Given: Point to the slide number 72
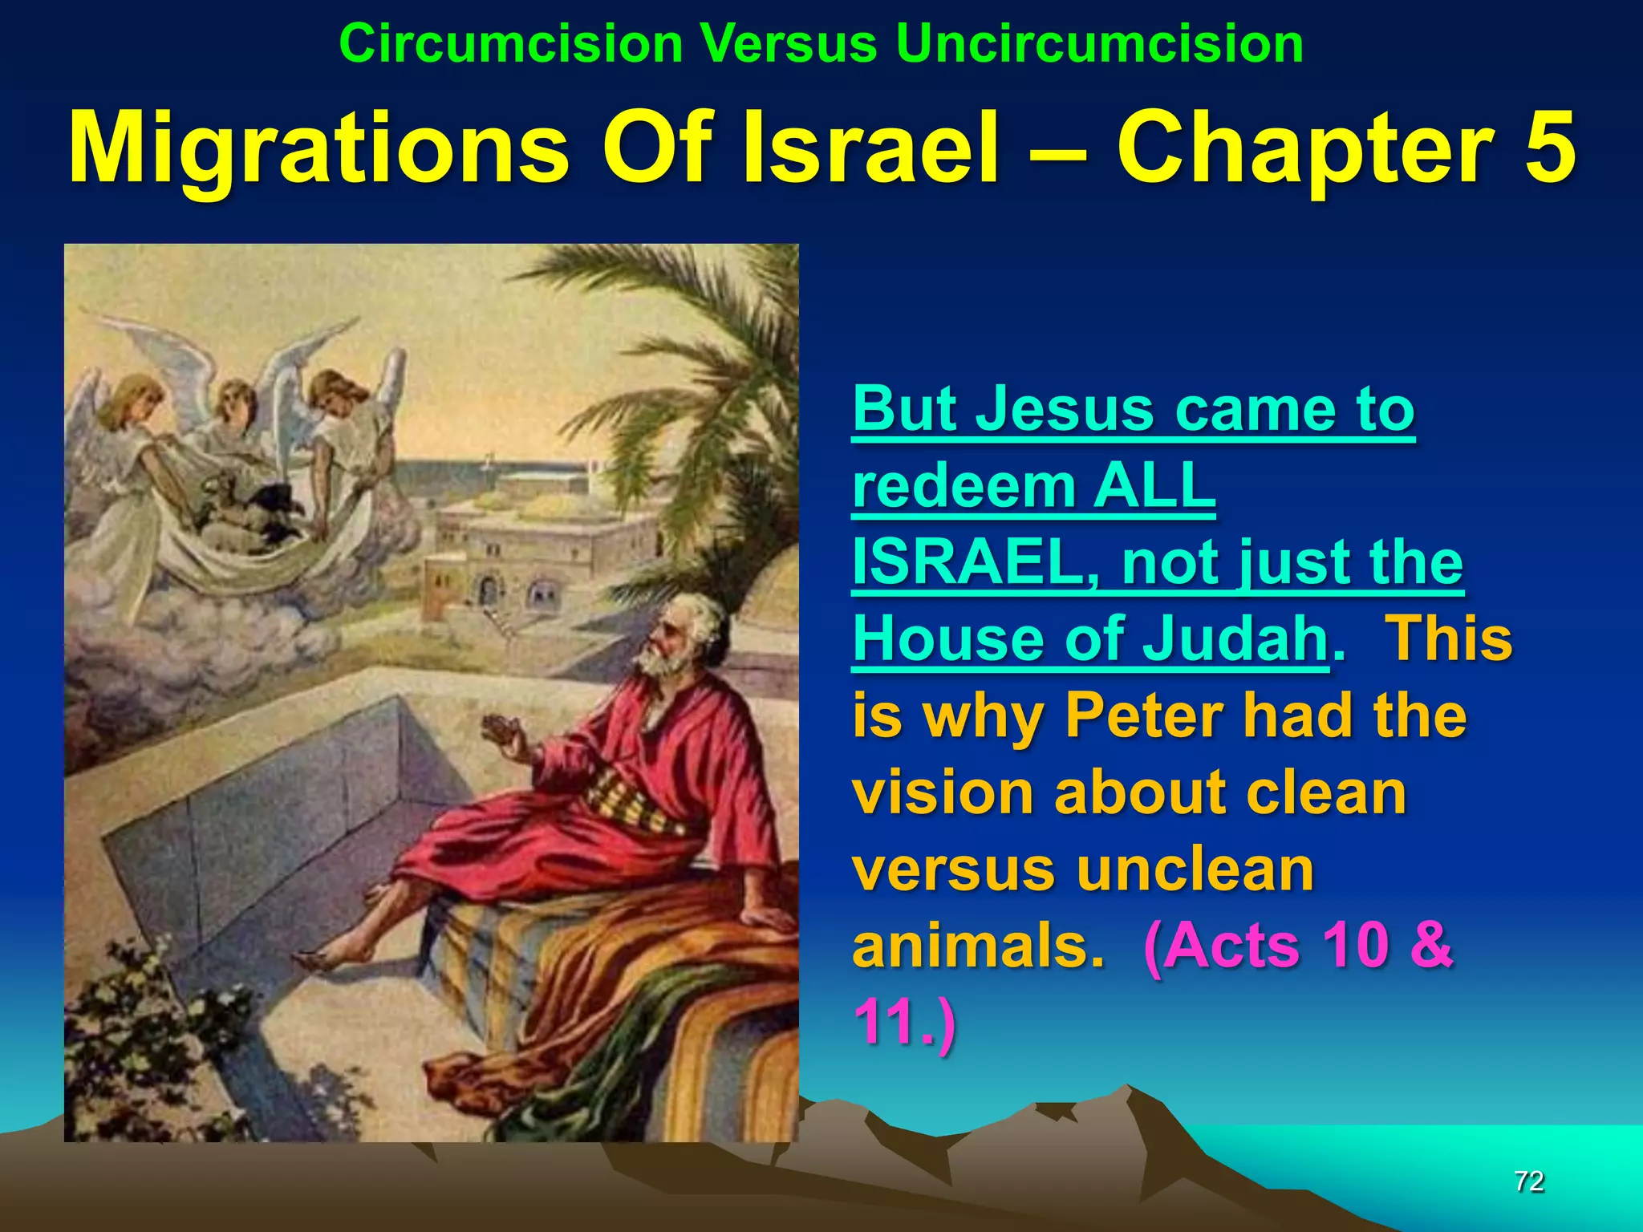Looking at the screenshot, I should point(1529,1181).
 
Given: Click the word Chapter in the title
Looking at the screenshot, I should point(1304,148).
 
